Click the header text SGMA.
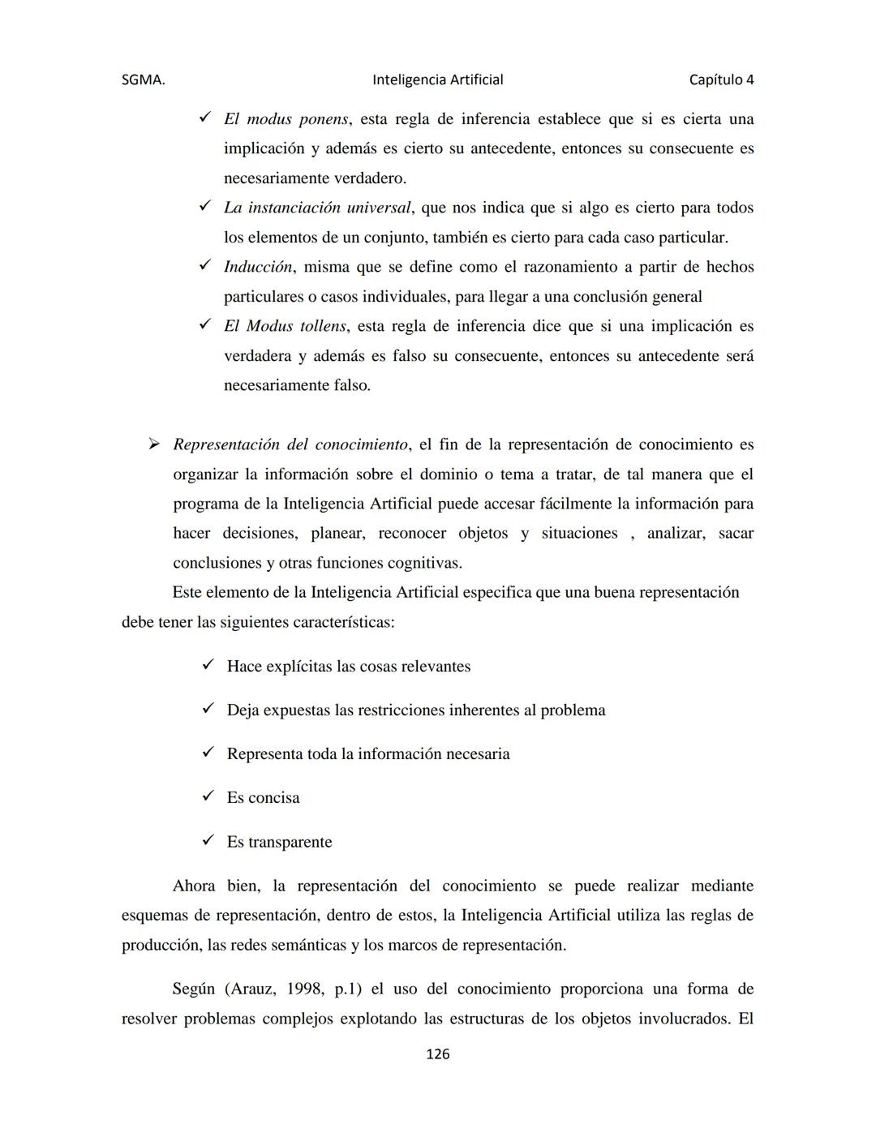point(143,79)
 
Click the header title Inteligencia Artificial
point(437,79)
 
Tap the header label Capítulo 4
point(721,79)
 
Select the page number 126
point(437,1054)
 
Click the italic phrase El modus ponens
point(286,119)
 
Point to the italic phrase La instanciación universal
point(317,208)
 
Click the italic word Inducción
point(258,267)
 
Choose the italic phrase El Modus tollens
point(285,326)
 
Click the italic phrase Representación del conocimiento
point(290,444)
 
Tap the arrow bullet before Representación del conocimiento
point(152,444)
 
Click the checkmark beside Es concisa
point(208,796)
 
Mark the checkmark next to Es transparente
point(208,840)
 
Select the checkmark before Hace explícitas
point(208,665)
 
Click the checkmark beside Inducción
point(204,266)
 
